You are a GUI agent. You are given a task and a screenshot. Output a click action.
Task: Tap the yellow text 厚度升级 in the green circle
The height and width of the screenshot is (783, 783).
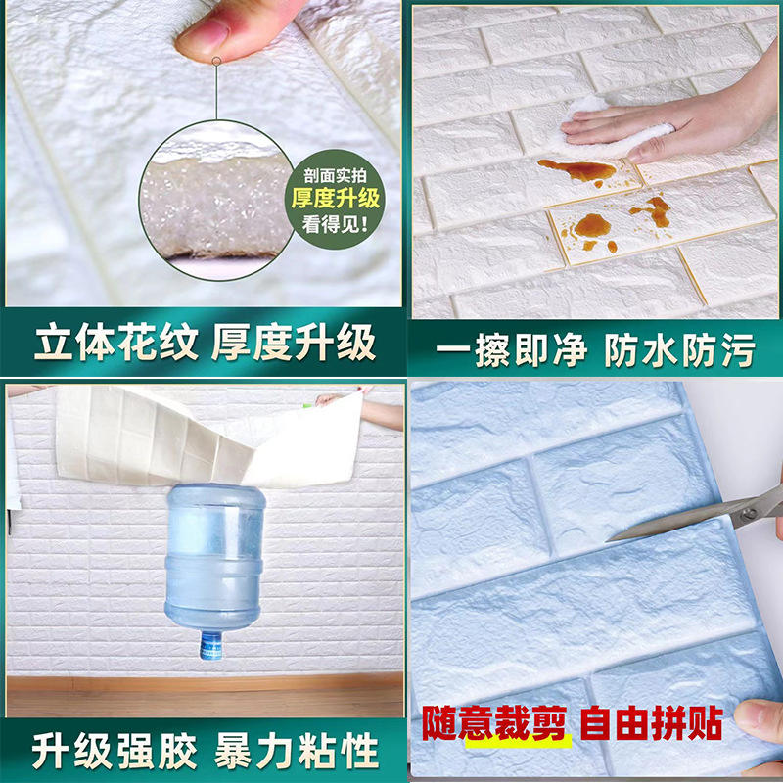tap(336, 199)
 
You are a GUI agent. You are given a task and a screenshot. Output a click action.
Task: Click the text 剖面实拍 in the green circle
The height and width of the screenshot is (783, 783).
tap(335, 175)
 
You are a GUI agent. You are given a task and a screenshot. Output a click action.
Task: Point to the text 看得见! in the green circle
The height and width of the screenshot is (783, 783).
tap(335, 224)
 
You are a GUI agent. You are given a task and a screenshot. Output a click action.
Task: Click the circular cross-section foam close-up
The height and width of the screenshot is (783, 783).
tap(216, 200)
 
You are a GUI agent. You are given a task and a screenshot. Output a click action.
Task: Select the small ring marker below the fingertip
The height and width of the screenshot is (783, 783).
tap(216, 61)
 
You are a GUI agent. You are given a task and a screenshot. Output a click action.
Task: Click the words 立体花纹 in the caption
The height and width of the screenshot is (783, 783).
tap(116, 343)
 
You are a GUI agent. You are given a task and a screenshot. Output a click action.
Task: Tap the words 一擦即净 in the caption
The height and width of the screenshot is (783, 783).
tap(511, 349)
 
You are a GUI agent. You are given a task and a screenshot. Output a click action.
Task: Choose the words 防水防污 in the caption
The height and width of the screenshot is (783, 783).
tap(679, 349)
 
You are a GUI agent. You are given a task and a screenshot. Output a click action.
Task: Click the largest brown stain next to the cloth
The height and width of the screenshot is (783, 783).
tap(579, 170)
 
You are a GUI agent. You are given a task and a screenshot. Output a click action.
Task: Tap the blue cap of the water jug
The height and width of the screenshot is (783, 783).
tap(210, 646)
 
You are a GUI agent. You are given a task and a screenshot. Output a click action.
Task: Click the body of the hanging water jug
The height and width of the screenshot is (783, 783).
tap(214, 558)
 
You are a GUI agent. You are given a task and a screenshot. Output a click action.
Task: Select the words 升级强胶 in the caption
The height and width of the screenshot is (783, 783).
tap(115, 751)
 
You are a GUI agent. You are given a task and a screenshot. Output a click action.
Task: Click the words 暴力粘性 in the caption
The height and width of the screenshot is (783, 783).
tap(297, 751)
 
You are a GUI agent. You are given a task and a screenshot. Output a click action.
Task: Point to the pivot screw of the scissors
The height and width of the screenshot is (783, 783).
tap(748, 512)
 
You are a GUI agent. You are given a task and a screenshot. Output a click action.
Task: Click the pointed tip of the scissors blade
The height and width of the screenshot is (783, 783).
tap(607, 541)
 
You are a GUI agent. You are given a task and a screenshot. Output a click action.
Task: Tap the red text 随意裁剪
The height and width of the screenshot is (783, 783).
tap(494, 722)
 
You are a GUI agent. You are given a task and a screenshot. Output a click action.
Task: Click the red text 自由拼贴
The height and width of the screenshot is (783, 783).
tap(652, 722)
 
